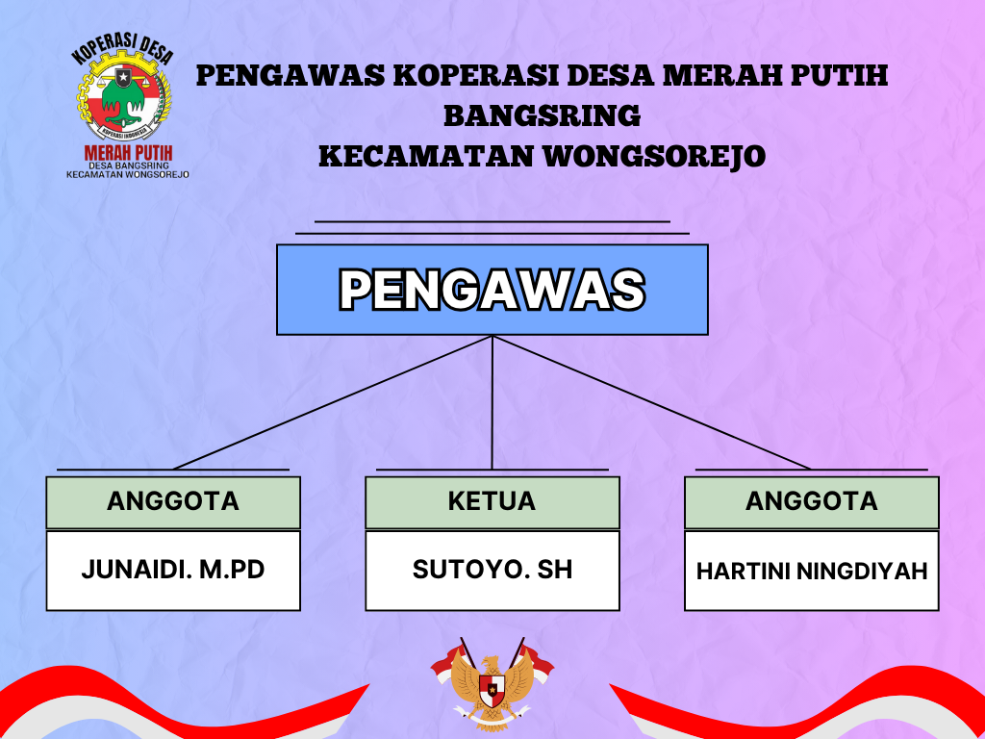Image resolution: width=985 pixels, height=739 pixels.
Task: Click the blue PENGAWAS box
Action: click(492, 290)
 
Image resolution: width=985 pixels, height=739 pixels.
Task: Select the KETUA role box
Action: click(492, 502)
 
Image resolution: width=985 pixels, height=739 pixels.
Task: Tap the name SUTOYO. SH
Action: click(492, 570)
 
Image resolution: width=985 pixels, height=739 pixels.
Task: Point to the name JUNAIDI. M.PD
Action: click(173, 570)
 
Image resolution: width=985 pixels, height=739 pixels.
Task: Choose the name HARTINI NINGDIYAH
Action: click(812, 571)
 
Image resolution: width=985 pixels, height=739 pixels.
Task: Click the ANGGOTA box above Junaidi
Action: click(173, 502)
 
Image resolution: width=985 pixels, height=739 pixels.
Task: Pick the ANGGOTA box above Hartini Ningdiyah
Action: click(812, 502)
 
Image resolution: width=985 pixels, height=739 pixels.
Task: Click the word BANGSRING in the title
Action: click(543, 115)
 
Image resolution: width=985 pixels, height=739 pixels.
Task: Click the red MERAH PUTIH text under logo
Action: click(128, 153)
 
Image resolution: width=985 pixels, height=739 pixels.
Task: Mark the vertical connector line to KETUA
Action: click(492, 402)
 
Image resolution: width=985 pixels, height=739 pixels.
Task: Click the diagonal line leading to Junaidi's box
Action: click(333, 402)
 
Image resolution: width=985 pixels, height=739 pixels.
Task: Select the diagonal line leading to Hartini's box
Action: click(652, 402)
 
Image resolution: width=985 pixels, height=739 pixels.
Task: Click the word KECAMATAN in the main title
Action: click(426, 157)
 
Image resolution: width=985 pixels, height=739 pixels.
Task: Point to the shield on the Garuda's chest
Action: click(492, 691)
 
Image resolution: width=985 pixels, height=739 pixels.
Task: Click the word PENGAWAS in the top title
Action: click(290, 75)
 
